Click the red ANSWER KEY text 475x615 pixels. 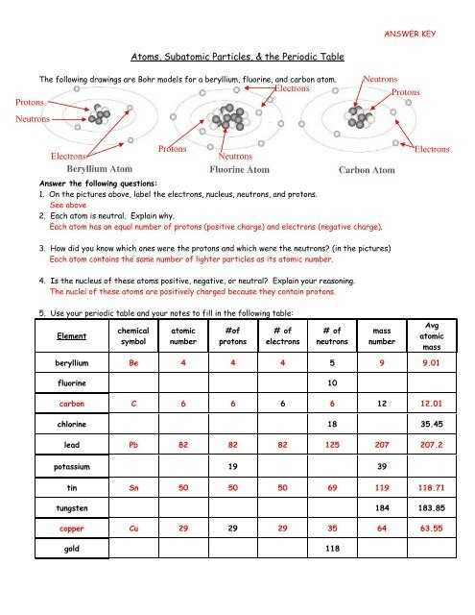(x=410, y=34)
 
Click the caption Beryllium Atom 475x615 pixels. (x=100, y=169)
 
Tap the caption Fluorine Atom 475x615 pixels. (x=239, y=170)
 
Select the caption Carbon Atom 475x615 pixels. (x=367, y=170)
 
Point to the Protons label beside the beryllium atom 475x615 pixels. (x=30, y=103)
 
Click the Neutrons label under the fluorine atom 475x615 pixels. (x=235, y=156)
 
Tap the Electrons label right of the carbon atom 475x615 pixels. (x=432, y=150)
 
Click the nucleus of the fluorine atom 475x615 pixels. (x=228, y=117)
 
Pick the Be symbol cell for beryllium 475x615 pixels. (x=133, y=363)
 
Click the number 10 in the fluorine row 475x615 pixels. (x=332, y=382)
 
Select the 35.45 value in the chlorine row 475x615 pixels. (x=432, y=424)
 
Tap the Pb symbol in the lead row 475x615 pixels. (x=133, y=445)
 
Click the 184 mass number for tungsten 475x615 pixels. (x=382, y=508)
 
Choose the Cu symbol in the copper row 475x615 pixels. (x=133, y=529)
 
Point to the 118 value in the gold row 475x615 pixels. (x=332, y=549)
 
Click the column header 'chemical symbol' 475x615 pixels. (x=133, y=336)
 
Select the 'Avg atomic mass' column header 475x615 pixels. (x=432, y=336)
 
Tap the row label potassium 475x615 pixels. (x=72, y=467)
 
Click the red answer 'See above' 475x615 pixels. (x=68, y=205)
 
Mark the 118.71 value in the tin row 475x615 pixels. (x=432, y=487)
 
